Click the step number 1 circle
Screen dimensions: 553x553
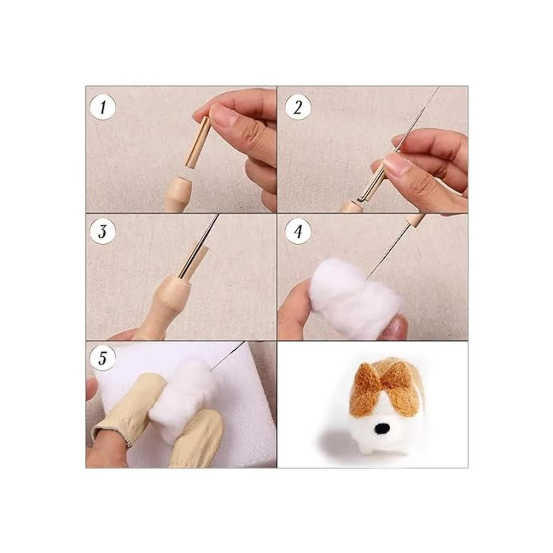tap(102, 108)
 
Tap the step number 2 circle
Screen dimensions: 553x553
tap(298, 108)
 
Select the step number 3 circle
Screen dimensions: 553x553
tap(102, 232)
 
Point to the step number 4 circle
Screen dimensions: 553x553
tap(298, 232)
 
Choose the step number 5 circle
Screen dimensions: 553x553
tap(102, 359)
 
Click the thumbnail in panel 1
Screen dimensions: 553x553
tap(224, 114)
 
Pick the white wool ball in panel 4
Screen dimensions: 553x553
tap(355, 290)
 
